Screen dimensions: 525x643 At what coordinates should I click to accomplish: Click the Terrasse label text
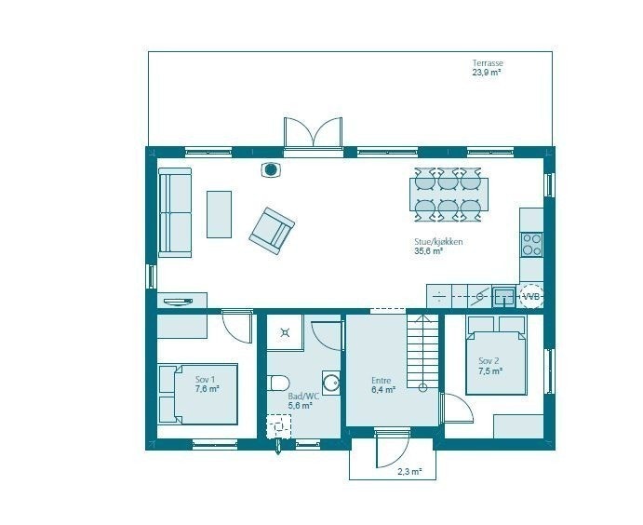487,63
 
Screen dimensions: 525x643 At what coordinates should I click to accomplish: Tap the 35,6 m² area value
428,250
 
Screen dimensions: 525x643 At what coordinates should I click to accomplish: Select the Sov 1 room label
206,380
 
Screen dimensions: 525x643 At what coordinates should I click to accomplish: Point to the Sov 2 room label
489,361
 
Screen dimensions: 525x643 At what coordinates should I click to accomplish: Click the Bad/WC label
303,396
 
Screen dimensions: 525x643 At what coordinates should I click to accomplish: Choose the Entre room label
381,381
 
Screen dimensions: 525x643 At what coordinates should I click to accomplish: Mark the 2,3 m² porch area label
410,472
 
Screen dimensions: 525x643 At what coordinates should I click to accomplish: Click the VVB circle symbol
530,296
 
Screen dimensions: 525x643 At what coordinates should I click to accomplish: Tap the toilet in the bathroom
277,383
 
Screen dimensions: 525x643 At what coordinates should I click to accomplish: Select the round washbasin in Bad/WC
330,382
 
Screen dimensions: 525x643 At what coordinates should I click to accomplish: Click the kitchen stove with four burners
531,244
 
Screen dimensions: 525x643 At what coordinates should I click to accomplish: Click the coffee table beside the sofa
219,214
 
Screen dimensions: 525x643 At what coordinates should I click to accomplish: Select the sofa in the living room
174,212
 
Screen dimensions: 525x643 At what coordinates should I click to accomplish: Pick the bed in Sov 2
496,357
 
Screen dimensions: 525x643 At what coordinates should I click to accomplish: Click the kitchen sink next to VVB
503,296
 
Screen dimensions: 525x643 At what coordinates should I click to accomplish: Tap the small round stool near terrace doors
271,169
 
